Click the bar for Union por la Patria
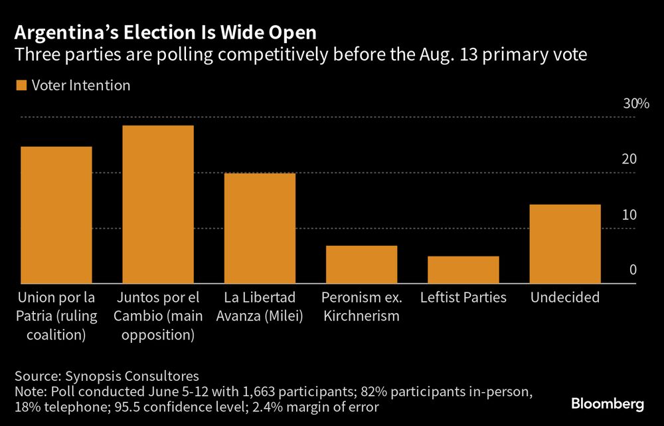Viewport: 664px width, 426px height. tap(56, 215)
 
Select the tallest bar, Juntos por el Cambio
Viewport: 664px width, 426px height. tap(158, 204)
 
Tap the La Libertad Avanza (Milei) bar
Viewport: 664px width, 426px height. tap(260, 228)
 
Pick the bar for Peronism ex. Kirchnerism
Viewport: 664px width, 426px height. tap(361, 265)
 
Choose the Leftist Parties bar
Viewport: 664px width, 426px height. tap(463, 270)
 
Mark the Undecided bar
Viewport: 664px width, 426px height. tap(565, 244)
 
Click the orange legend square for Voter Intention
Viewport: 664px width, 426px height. tap(20, 86)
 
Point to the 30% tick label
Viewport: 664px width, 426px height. tap(634, 104)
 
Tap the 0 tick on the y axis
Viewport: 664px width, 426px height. tap(633, 270)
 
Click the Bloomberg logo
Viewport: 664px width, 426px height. tap(608, 403)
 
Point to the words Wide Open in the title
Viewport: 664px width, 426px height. tap(268, 33)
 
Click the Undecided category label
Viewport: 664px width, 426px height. tap(564, 298)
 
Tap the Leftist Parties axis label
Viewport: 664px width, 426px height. tap(463, 298)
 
